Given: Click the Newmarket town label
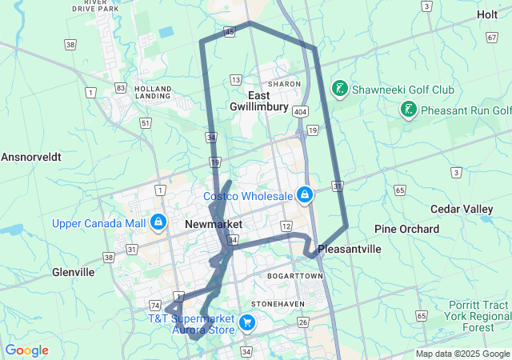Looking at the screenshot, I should pos(213,225).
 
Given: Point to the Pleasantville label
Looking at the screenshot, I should pos(350,250).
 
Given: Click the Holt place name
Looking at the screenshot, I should pos(486,14).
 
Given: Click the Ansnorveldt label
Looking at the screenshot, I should pos(31,157).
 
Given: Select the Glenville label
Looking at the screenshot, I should pos(74,272).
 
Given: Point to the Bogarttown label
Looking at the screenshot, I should pos(296,276).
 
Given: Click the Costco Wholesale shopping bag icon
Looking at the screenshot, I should pos(305,194).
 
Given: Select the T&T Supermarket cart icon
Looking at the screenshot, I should pos(247,324).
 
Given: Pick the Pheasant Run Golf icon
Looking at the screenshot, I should pos(410,110).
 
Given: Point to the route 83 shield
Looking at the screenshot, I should pos(121,86).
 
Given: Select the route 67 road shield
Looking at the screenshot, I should pos(491,38).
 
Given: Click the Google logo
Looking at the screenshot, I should pos(27,350).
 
